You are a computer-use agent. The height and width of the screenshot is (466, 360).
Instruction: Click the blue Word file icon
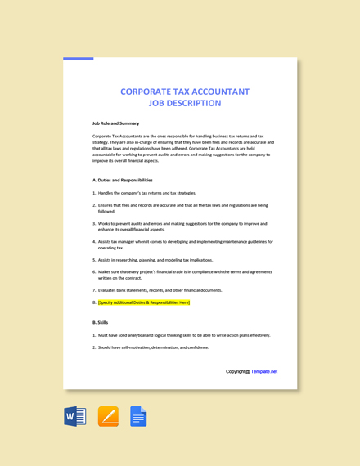(x=75, y=416)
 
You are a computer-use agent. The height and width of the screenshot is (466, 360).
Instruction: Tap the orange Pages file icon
(x=108, y=416)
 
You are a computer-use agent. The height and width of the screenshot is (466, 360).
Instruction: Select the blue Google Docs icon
(x=138, y=416)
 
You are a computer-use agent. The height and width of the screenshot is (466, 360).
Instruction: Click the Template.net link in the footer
(x=263, y=371)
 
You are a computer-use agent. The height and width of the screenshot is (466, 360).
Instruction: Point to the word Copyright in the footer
(x=237, y=371)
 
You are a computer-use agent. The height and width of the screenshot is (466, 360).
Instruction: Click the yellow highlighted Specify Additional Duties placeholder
(x=144, y=302)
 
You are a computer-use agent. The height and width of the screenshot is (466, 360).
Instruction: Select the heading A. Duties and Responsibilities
(x=123, y=180)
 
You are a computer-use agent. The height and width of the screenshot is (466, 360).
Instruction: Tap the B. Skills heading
(x=101, y=322)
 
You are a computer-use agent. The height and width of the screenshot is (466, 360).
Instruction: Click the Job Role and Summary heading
(x=115, y=123)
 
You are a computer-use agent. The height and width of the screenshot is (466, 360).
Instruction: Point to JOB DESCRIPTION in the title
(x=184, y=104)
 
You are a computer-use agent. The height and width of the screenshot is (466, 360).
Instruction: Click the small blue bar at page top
(x=78, y=59)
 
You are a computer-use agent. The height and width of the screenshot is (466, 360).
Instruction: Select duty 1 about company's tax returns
(x=146, y=193)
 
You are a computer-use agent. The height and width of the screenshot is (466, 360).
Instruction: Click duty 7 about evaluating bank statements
(x=160, y=290)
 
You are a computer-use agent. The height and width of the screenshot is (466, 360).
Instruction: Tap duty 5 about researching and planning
(x=155, y=260)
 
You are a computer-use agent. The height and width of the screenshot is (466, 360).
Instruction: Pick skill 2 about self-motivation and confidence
(x=153, y=347)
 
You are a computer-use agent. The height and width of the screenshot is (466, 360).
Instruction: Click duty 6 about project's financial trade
(x=185, y=275)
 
